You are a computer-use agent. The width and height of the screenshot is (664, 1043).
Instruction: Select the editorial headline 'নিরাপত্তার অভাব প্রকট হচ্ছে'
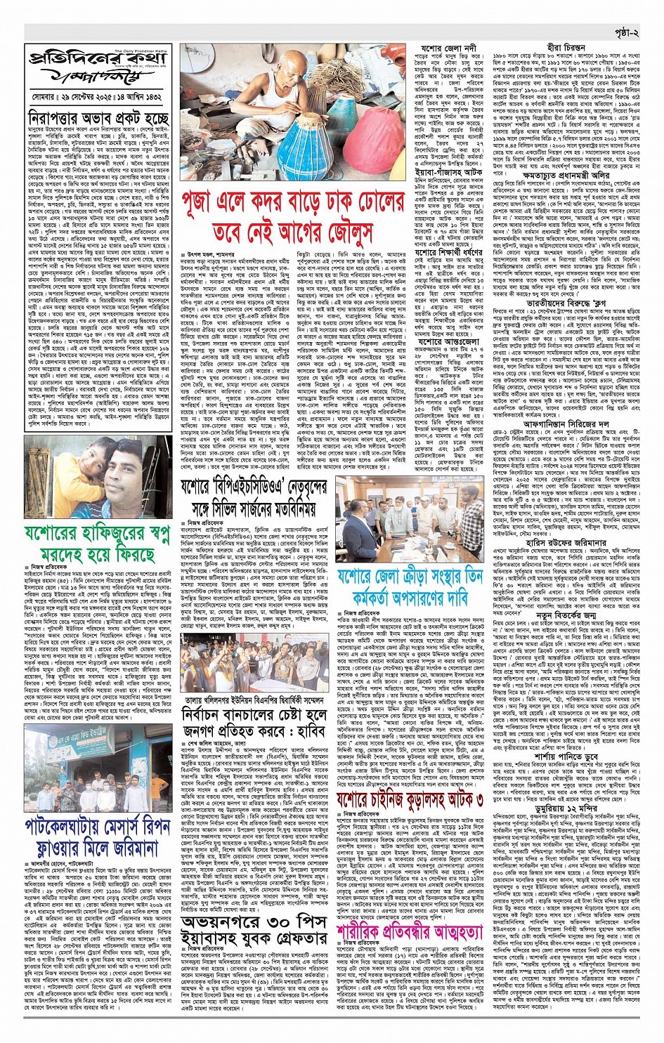point(98,117)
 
